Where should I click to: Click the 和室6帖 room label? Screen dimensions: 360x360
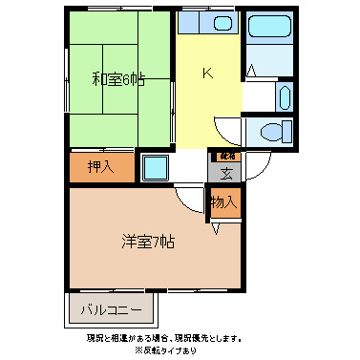pyautogui.click(x=117, y=80)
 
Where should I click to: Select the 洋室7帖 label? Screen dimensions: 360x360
pyautogui.click(x=147, y=243)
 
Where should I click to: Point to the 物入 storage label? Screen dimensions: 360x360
pyautogui.click(x=223, y=202)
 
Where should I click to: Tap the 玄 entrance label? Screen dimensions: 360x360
pyautogui.click(x=226, y=174)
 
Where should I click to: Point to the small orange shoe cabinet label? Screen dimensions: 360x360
pyautogui.click(x=226, y=155)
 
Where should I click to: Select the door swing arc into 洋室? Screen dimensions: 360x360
pyautogui.click(x=189, y=198)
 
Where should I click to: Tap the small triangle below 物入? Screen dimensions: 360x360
pyautogui.click(x=218, y=227)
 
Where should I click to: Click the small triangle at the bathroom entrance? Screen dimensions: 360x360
pyautogui.click(x=250, y=69)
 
